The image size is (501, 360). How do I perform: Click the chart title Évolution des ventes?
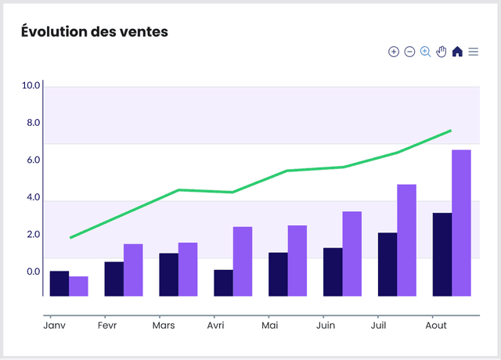(95, 32)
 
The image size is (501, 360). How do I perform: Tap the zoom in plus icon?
(394, 52)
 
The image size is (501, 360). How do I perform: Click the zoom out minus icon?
(409, 52)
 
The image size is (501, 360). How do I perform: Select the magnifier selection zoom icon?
(426, 52)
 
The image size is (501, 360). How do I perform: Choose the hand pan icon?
(442, 52)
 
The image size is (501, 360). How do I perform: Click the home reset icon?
(457, 52)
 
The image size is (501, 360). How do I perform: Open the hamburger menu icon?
(474, 52)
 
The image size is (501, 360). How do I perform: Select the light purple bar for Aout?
(461, 222)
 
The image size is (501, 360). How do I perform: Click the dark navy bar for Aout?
(442, 254)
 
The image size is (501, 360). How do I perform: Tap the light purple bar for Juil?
(406, 240)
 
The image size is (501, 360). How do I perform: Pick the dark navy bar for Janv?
(59, 283)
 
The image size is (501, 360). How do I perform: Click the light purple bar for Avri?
(243, 261)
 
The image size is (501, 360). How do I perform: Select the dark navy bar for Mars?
(168, 275)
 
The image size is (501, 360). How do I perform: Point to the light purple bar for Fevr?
(133, 270)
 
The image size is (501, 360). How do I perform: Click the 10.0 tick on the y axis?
(31, 85)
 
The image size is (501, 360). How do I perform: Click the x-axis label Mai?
(270, 325)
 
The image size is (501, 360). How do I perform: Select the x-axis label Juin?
(325, 325)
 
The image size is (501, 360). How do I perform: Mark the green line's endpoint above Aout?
(451, 131)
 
